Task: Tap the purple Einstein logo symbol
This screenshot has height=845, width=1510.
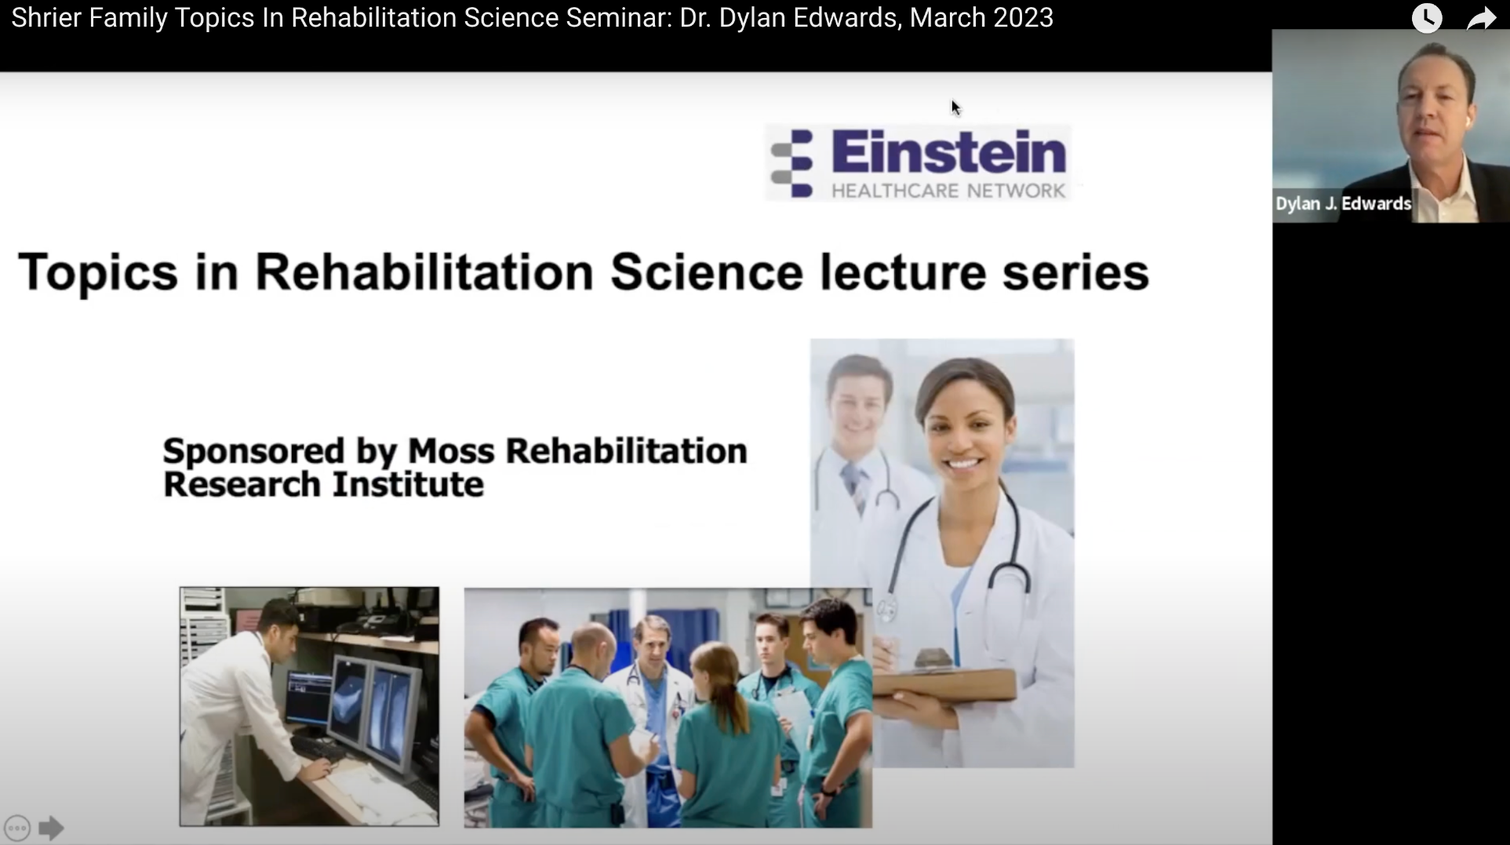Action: coord(792,162)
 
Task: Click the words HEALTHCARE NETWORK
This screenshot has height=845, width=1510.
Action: coord(948,191)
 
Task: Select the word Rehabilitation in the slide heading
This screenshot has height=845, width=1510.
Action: coord(424,272)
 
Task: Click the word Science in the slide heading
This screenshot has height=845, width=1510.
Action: coord(706,272)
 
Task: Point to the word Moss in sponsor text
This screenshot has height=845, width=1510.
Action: coord(451,451)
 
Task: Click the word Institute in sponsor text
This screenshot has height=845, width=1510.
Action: coord(408,484)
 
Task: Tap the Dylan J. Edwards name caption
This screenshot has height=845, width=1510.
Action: coord(1343,204)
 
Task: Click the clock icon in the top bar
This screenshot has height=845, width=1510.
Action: coord(1427,17)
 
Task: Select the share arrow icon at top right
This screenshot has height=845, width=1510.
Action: coord(1481,18)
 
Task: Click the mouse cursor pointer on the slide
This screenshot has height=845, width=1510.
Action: coord(955,107)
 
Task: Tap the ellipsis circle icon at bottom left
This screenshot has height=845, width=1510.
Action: coord(17,828)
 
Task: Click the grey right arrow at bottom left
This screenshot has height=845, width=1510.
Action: coord(51,828)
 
